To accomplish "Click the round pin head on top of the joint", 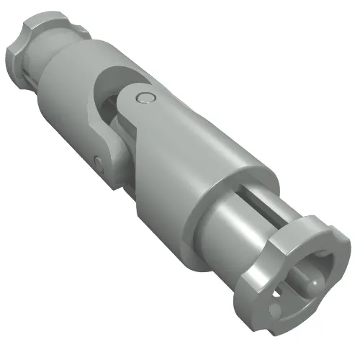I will [147, 99].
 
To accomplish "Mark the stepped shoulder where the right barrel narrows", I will [209, 216].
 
